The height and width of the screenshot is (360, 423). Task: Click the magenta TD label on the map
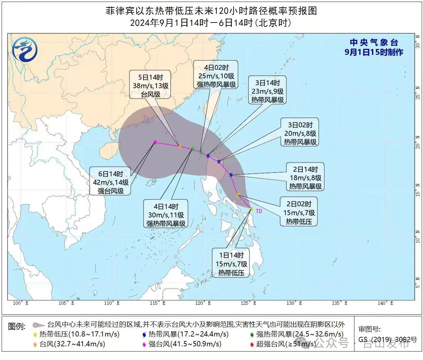pos(259,211)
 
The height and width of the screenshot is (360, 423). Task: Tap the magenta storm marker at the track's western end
pos(155,142)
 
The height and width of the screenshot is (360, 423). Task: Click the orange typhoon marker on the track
pos(180,146)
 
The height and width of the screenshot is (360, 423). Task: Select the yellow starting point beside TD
pos(252,209)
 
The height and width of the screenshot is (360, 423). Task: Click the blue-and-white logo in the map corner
pos(25,49)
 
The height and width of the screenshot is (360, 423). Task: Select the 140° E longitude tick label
pos(385,303)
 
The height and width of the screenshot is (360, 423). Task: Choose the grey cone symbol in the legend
pos(39,325)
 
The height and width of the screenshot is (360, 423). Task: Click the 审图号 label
pos(369,329)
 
